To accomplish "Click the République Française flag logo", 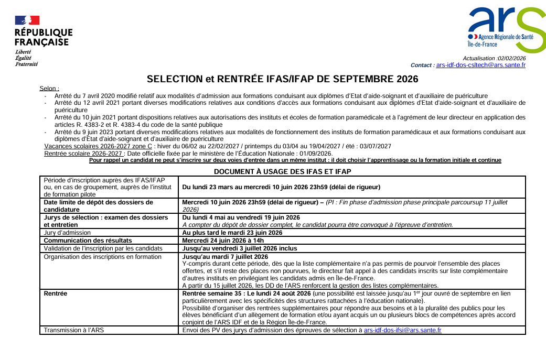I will tap(27, 20).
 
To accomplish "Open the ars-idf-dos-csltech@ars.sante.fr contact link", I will tap(480, 65).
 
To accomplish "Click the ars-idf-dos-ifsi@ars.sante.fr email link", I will tap(402, 330).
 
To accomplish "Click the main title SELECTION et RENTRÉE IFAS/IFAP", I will tap(282, 79).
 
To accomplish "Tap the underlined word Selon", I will tap(49, 89).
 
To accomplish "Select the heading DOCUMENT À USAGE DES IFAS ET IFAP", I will tap(282, 171).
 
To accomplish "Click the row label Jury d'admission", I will tap(67, 233).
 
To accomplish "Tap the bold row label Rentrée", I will tap(56, 293).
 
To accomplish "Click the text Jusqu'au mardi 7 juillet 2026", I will tap(225, 257).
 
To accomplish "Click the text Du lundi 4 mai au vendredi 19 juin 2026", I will tap(241, 217).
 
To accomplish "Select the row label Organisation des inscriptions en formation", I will tap(102, 256).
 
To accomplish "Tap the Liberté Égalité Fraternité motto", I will tap(26, 58).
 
